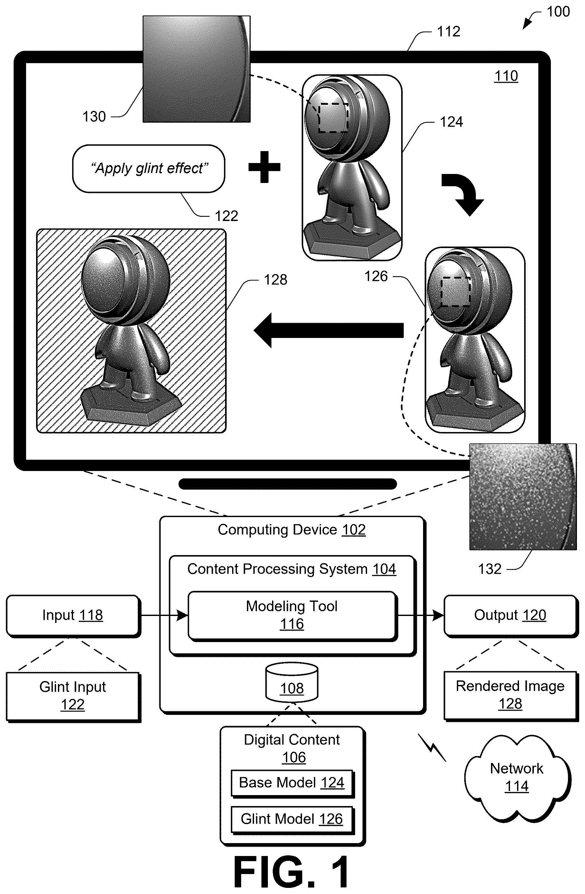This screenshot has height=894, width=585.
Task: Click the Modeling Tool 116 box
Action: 292,615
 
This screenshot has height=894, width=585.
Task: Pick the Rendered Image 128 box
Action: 511,696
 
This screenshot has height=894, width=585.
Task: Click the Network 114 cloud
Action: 517,778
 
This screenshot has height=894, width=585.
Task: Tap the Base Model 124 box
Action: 292,783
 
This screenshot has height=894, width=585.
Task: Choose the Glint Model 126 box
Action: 292,820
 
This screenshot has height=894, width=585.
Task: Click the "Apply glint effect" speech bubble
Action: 149,169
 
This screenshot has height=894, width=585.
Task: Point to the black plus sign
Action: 264,167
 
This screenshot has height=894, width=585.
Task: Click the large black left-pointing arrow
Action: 328,330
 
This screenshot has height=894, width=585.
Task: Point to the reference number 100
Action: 558,12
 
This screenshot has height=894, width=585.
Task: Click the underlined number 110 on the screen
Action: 506,76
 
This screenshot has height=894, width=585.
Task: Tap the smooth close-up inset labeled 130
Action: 196,69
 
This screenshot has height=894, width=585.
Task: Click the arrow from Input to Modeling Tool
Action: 165,615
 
